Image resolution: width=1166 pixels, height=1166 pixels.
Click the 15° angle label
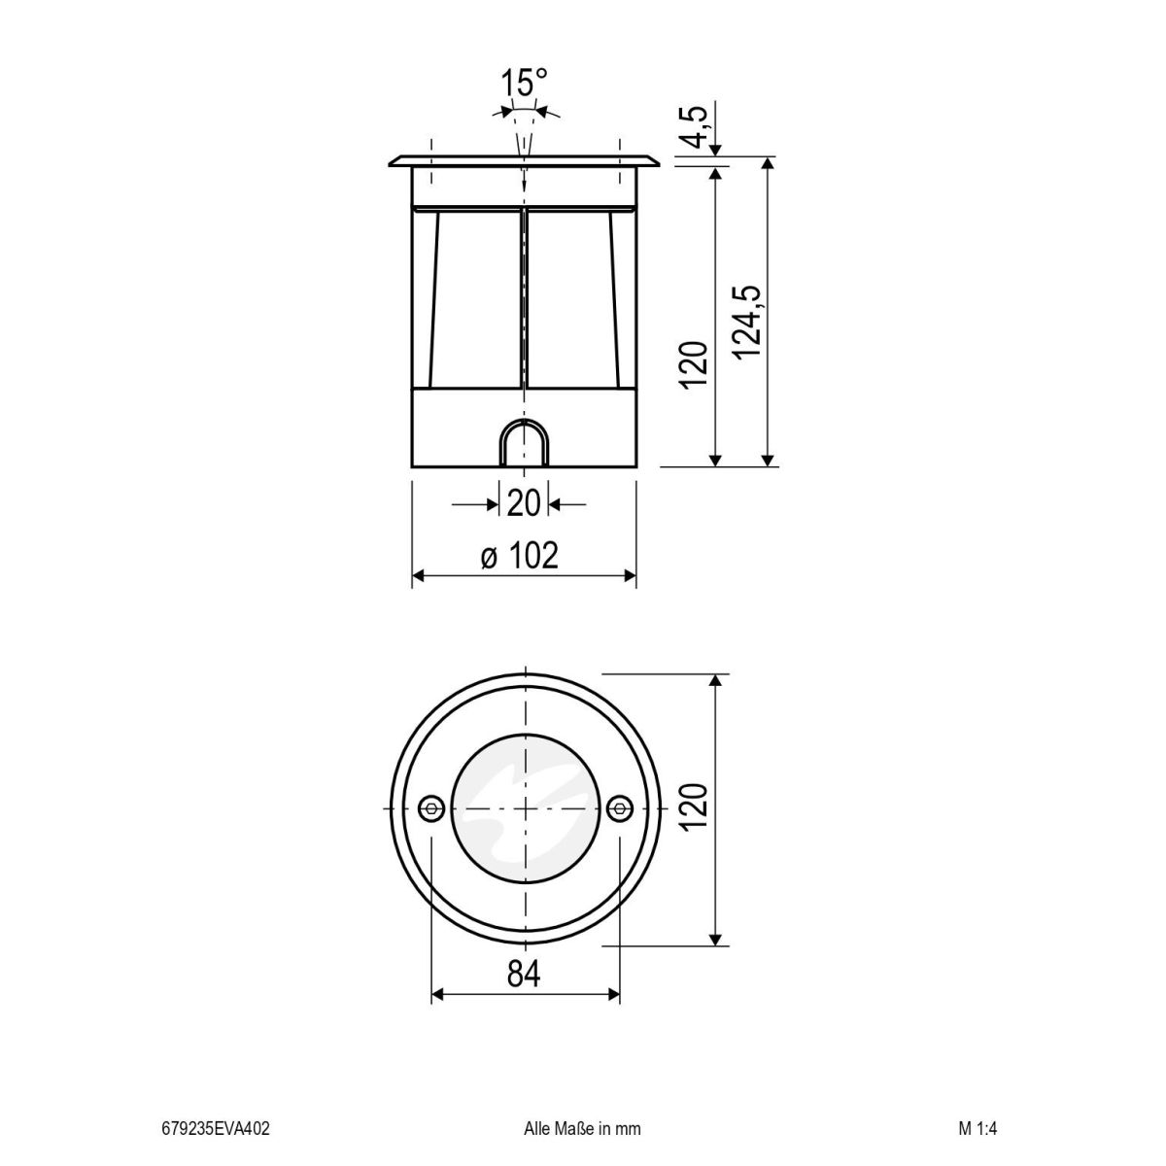(x=525, y=83)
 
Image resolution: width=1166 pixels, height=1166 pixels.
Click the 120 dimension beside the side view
(x=693, y=365)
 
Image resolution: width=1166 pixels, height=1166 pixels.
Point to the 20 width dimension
(x=524, y=504)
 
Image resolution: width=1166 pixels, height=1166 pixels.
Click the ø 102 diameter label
(x=521, y=556)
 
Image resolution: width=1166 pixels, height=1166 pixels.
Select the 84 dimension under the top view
(x=524, y=972)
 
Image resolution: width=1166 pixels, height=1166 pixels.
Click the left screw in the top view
(x=430, y=808)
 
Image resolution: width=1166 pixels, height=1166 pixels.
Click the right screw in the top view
(x=618, y=808)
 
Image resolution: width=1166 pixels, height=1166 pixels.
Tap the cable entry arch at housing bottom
(x=524, y=445)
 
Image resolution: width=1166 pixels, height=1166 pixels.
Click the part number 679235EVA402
(x=216, y=1129)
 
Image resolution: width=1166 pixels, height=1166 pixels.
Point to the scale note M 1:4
(x=977, y=1129)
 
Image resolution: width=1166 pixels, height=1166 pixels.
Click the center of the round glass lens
(x=525, y=808)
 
